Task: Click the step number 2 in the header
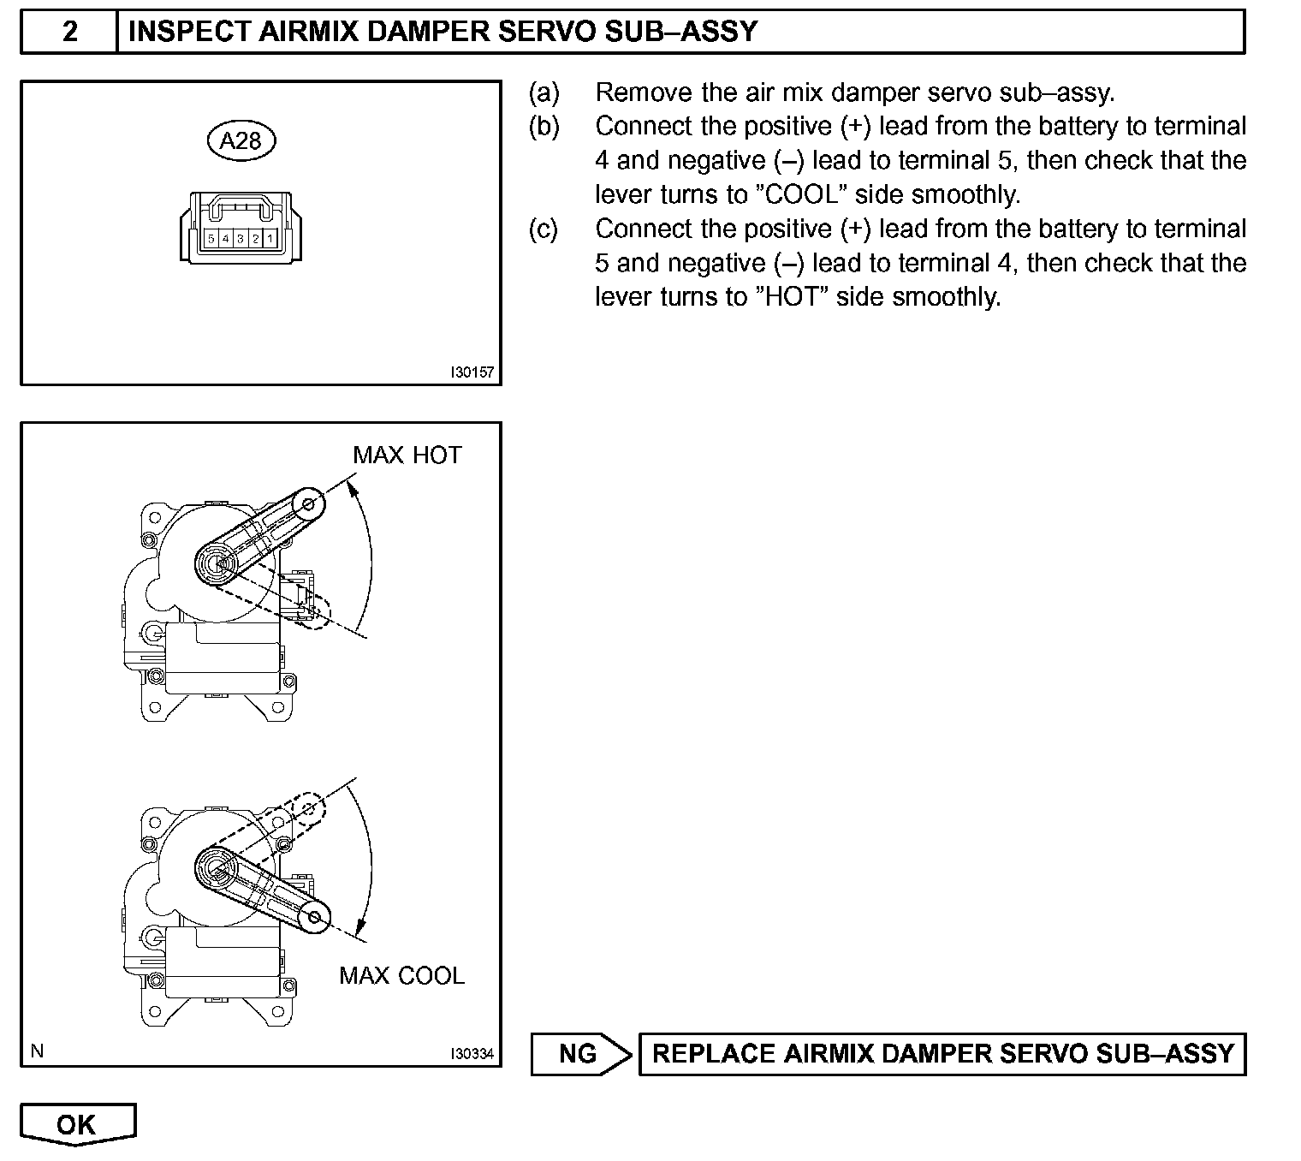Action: (69, 32)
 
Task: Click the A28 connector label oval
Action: (241, 140)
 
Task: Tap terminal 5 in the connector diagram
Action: (211, 239)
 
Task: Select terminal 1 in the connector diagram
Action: (270, 239)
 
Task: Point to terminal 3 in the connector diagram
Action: (241, 239)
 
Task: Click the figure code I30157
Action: (472, 373)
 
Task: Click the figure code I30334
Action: (472, 1054)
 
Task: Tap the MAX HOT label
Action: (407, 455)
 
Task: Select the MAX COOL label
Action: (401, 975)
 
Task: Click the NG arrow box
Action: (579, 1053)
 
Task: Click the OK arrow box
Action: (77, 1124)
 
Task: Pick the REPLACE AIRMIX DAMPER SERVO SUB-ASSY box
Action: (942, 1053)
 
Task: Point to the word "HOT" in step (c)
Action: (789, 297)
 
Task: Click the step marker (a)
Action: (544, 92)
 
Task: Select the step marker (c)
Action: (544, 229)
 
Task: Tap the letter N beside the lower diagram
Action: (37, 1051)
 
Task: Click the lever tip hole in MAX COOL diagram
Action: (316, 918)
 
